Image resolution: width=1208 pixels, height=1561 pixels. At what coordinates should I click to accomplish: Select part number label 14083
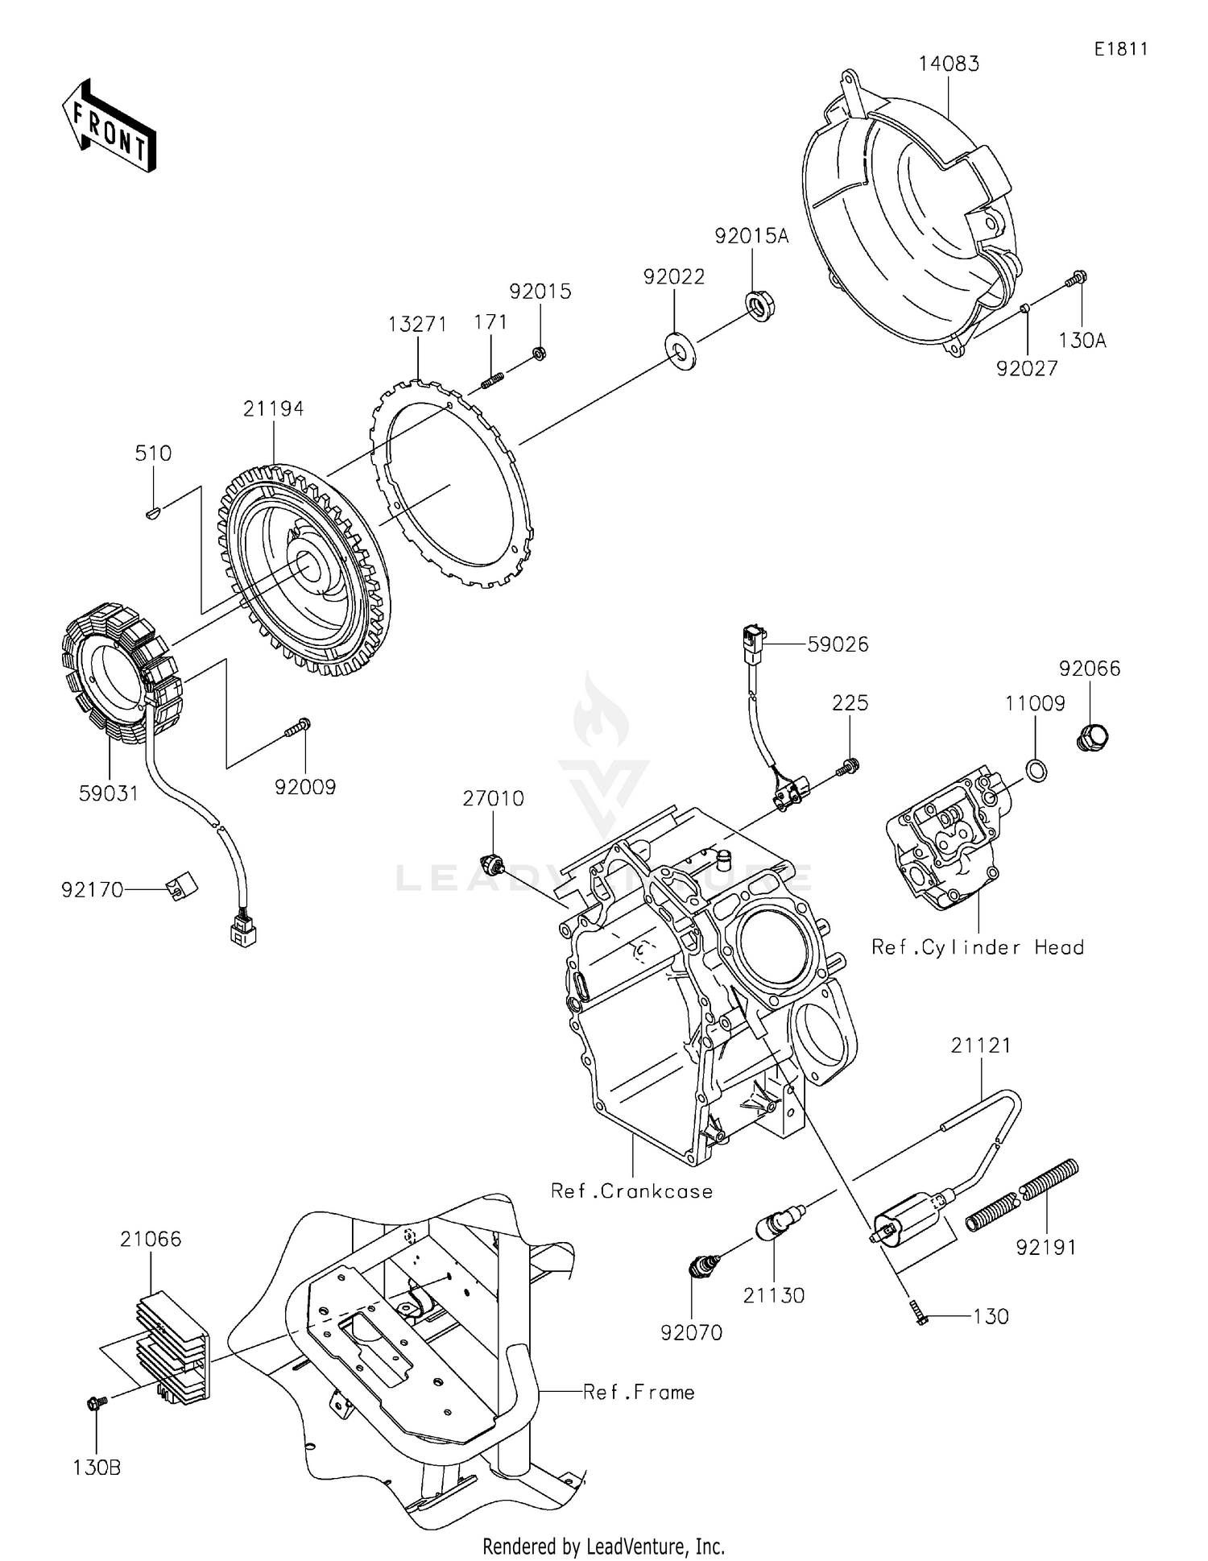[x=949, y=64]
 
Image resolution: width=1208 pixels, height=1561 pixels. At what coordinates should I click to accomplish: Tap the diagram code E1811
[x=1120, y=49]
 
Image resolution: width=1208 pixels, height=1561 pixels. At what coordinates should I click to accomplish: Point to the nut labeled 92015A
[x=758, y=306]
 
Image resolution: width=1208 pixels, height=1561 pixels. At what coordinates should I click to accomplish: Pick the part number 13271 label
[x=417, y=324]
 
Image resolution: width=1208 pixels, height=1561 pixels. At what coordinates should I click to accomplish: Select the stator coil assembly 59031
[x=121, y=673]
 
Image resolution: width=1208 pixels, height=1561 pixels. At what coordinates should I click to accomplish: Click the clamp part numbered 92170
[x=181, y=886]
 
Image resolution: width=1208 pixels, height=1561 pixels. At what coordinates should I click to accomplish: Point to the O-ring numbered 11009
[x=1037, y=769]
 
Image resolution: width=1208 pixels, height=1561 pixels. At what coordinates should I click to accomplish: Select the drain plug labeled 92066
[x=1092, y=735]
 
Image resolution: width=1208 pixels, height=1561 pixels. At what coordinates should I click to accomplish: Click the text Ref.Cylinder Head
[x=978, y=947]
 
